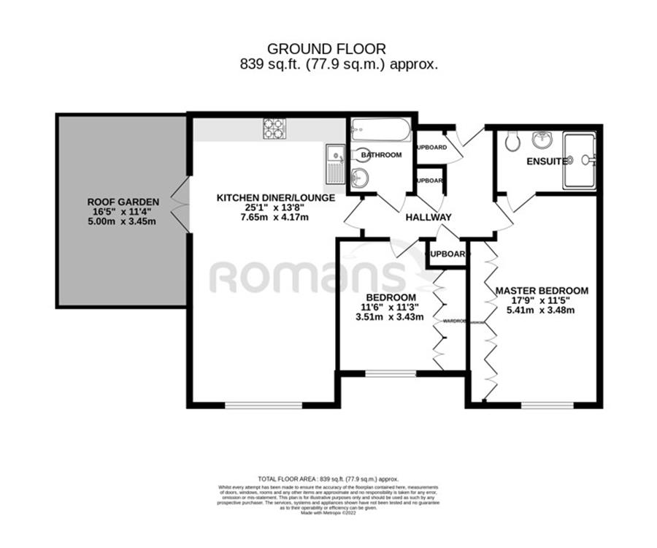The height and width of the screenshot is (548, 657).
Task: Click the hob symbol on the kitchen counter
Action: click(x=274, y=129)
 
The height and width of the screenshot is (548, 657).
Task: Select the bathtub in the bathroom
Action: click(x=381, y=130)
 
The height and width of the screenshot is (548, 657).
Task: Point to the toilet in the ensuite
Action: click(x=512, y=141)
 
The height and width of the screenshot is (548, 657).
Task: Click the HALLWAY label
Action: click(x=429, y=217)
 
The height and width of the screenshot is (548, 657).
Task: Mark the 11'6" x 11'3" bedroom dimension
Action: click(x=391, y=307)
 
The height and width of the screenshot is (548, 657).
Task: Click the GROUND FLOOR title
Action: click(x=326, y=49)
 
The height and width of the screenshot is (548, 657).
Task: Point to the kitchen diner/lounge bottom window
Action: click(x=263, y=404)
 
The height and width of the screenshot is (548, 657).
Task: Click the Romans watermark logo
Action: click(x=307, y=276)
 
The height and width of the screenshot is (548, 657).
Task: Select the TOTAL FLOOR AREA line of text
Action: click(x=328, y=479)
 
